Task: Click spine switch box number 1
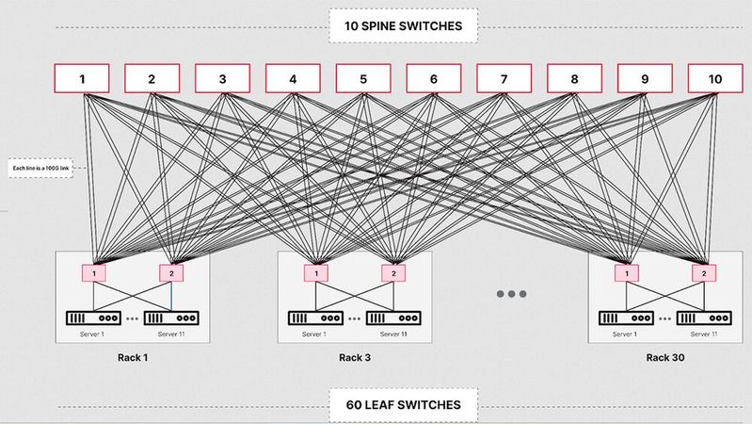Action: pos(82,79)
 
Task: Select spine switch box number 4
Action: pos(293,79)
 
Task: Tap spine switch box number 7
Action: pos(504,79)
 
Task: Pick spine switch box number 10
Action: pos(714,79)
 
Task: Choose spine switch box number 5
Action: pos(363,79)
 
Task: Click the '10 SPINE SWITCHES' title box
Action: pos(403,26)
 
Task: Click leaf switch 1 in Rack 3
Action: pos(315,273)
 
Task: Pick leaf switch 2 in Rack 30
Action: pos(702,273)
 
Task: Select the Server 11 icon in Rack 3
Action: pos(393,318)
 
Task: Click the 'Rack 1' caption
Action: pos(133,358)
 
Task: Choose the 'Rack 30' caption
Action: pos(664,358)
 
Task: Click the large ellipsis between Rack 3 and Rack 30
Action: pos(511,294)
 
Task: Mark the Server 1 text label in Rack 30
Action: pos(624,334)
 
